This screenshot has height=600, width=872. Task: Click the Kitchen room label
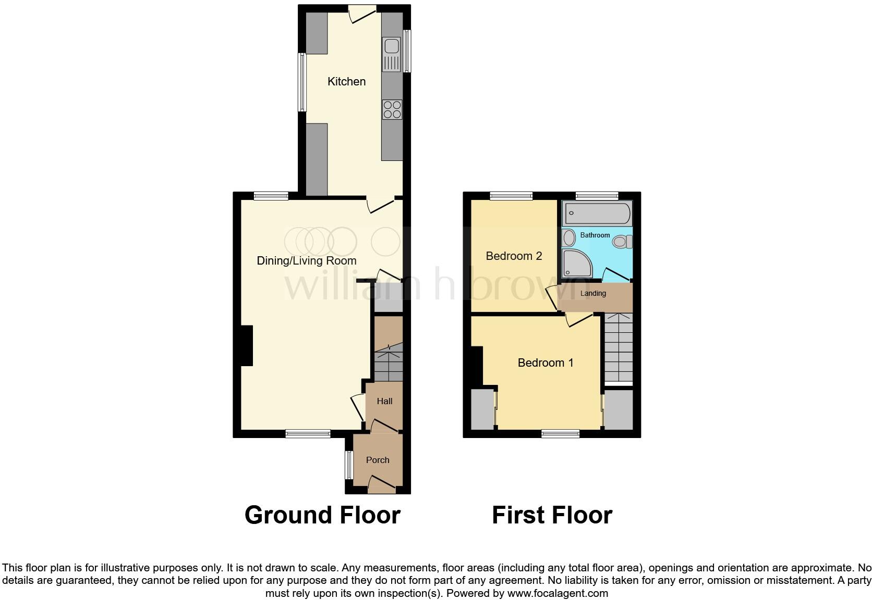(346, 82)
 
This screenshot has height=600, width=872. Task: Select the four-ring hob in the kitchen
(392, 109)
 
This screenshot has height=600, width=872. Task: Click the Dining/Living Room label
(307, 261)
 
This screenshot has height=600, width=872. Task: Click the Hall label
(384, 402)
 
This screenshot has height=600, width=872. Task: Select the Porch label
(378, 460)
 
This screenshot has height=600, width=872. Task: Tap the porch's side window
(348, 465)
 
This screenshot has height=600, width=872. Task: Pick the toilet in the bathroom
(622, 242)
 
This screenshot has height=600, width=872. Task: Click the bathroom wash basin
(569, 237)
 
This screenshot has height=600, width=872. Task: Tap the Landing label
(593, 294)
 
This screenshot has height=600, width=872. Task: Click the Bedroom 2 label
(514, 256)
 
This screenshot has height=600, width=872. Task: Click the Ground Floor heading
(322, 515)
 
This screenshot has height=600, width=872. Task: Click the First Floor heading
(552, 515)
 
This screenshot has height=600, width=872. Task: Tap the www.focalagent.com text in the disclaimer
(558, 593)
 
